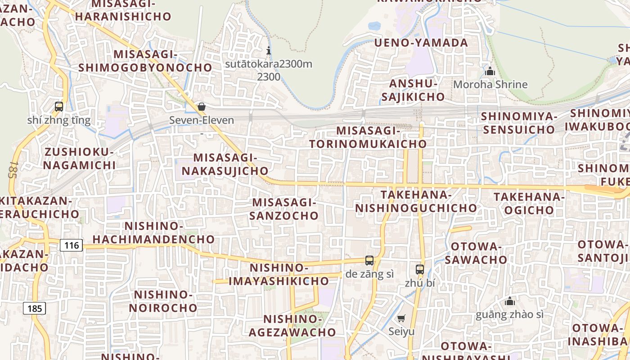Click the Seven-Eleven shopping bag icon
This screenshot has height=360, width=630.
[x=202, y=107]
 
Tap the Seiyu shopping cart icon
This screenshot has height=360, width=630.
[x=401, y=318]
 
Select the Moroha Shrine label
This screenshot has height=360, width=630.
[x=490, y=84]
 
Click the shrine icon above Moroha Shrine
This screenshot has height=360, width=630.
[x=490, y=71]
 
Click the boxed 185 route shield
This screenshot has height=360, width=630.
[x=34, y=308]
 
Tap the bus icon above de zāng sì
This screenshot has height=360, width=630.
[x=369, y=260]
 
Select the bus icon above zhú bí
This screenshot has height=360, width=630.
[x=420, y=270]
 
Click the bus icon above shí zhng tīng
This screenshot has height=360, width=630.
[x=59, y=107]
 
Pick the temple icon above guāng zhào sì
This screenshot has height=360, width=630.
[x=509, y=301]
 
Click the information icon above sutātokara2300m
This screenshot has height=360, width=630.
[x=269, y=50]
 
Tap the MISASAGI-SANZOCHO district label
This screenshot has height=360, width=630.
[x=284, y=209]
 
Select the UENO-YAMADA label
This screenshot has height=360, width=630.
[x=421, y=43]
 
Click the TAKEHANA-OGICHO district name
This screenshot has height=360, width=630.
[x=529, y=203]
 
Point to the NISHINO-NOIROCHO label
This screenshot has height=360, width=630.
[x=163, y=301]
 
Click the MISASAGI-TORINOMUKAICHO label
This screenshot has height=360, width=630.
[x=368, y=137]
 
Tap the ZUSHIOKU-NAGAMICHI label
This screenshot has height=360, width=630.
[x=79, y=158]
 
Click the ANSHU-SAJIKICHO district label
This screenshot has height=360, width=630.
[x=413, y=90]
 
